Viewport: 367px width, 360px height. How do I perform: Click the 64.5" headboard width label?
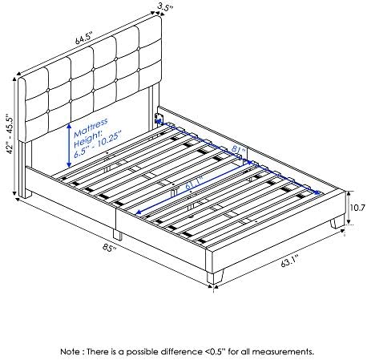(x=83, y=38)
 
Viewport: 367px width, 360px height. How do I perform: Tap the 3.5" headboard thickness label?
(x=165, y=6)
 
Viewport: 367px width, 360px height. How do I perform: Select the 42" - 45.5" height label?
(x=10, y=135)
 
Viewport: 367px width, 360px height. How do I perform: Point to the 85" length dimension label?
(x=110, y=249)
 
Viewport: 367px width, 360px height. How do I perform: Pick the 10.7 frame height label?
(x=357, y=208)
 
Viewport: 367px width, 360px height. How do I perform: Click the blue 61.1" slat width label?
(x=194, y=183)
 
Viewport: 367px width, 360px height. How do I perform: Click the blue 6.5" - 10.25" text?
(x=97, y=145)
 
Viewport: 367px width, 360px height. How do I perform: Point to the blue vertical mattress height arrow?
(x=69, y=145)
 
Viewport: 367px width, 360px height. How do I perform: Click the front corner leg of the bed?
(x=215, y=277)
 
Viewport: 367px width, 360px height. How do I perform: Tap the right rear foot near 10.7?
(x=337, y=222)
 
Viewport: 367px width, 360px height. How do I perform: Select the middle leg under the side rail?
(x=117, y=235)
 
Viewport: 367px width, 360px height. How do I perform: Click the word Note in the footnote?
(x=70, y=351)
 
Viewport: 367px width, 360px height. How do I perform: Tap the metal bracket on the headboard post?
(x=158, y=119)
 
